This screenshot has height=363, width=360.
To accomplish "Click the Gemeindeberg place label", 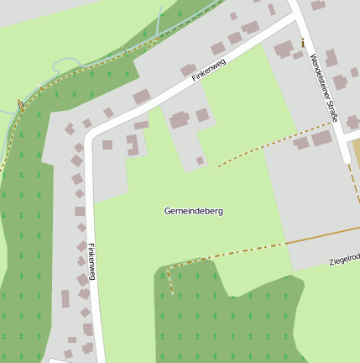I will pyautogui.click(x=193, y=211).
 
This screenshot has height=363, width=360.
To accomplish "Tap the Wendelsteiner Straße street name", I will pyautogui.click(x=323, y=87).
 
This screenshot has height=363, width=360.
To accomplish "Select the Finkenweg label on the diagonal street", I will pyautogui.click(x=209, y=69).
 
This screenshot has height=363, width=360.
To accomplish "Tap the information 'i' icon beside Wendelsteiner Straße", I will pyautogui.click(x=302, y=42).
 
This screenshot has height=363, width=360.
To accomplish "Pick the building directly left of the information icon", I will pyautogui.click(x=284, y=48).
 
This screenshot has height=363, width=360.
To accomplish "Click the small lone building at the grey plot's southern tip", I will pyautogui.click(x=200, y=160).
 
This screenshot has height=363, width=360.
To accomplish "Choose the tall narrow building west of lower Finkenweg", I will pyautogui.click(x=65, y=299).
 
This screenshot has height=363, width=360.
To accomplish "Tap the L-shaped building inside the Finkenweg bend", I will pyautogui.click(x=132, y=145).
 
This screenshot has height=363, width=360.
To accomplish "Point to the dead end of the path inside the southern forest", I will pyautogui.click(x=172, y=293).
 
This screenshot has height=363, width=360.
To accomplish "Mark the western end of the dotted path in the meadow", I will pyautogui.click(x=217, y=167).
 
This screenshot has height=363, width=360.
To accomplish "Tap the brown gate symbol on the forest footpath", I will pyautogui.click(x=20, y=105).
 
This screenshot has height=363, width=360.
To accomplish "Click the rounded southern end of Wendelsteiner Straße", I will pyautogui.click(x=348, y=160).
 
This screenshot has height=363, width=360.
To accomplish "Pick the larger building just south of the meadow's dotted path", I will pyautogui.click(x=321, y=139).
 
